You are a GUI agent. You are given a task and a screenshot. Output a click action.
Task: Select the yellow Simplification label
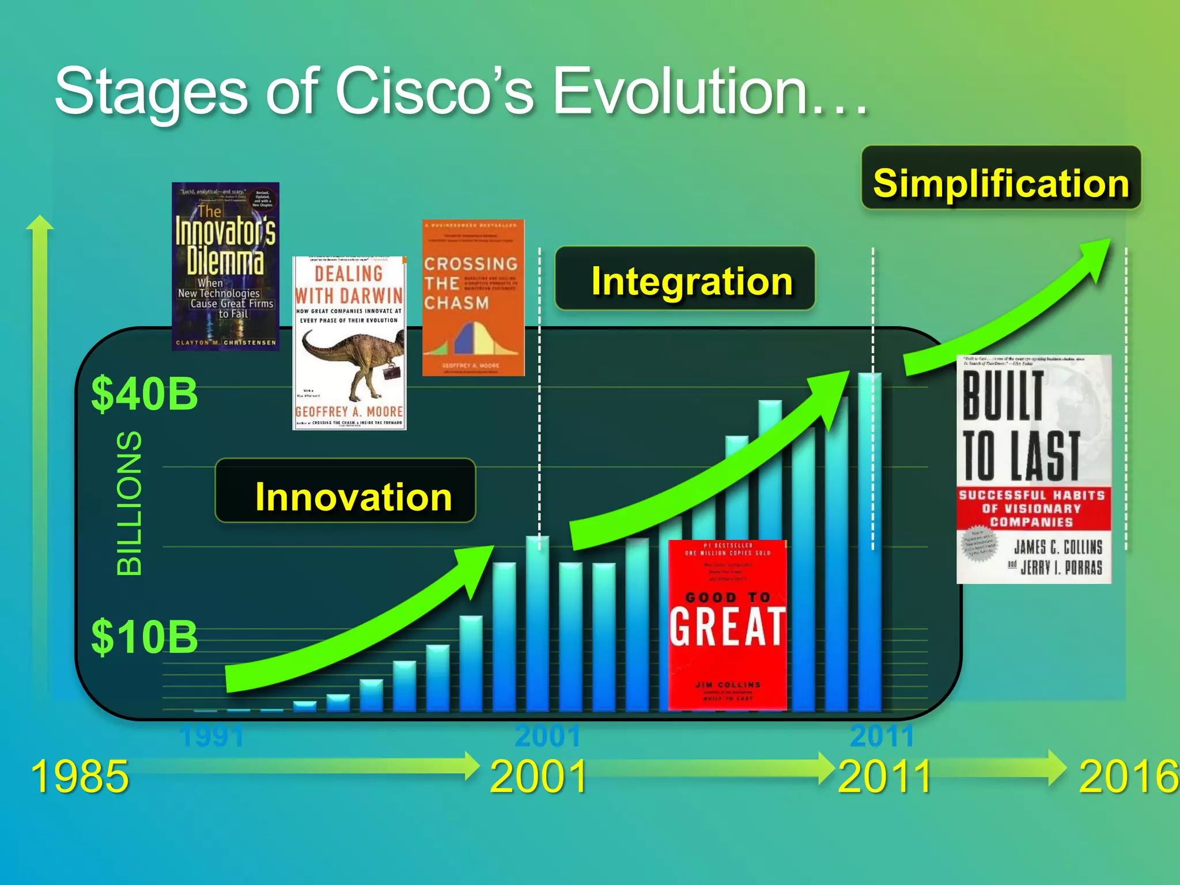point(1001,183)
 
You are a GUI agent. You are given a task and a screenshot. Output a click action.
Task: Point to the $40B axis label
point(144,394)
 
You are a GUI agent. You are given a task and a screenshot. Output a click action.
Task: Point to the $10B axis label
point(144,637)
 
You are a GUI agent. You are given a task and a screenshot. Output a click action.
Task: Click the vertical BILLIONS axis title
point(129,502)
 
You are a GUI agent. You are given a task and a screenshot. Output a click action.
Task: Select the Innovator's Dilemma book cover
point(225,266)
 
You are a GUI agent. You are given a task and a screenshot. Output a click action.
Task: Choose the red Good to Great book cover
point(727,625)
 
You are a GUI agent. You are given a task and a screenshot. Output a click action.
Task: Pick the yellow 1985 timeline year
point(80,777)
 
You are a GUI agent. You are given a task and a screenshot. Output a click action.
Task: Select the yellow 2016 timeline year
point(1128,777)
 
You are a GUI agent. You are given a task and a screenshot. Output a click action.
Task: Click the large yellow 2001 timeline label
point(538,777)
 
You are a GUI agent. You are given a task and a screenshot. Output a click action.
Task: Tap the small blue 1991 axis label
point(211,736)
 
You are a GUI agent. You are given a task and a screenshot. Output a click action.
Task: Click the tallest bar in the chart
point(869,542)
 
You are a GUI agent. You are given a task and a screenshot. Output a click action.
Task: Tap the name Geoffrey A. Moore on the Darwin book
point(349,411)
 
